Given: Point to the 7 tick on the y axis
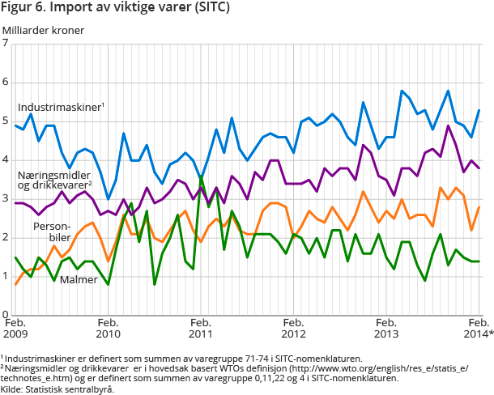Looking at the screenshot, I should tap(6, 44).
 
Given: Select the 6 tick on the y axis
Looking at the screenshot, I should tap(6, 83).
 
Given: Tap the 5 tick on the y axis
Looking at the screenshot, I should tap(6, 121).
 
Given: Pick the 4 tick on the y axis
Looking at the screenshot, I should tap(6, 160).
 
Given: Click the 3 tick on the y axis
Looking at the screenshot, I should tap(6, 199).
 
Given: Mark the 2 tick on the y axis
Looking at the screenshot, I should tap(6, 238).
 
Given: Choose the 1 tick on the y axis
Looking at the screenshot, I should tap(6, 277).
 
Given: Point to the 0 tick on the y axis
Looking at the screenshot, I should tap(6, 315).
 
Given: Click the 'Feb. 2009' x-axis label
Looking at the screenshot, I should tap(17, 327).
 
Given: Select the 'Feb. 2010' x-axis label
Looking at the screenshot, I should tap(108, 327).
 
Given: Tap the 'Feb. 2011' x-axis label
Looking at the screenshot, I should tap(201, 327).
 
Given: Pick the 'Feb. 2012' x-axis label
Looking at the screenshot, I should tap(293, 327).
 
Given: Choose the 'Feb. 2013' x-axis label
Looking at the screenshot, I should tap(385, 327).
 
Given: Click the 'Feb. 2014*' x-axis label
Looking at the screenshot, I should tap(478, 327).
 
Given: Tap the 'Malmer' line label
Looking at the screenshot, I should tap(81, 280).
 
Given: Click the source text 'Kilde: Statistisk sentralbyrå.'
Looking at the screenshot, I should tap(57, 389).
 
